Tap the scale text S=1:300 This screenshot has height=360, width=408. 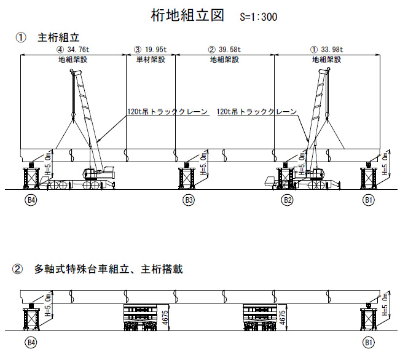[258, 17]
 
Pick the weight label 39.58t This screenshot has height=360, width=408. [229, 50]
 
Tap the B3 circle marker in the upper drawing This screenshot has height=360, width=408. [189, 200]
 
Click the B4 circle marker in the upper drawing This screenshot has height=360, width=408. [30, 200]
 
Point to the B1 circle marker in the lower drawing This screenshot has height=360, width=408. [369, 342]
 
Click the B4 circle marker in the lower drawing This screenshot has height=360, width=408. [30, 342]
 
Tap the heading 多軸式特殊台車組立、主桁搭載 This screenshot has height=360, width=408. [108, 269]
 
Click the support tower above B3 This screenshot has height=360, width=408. [188, 177]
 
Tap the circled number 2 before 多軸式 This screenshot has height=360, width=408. [18, 269]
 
